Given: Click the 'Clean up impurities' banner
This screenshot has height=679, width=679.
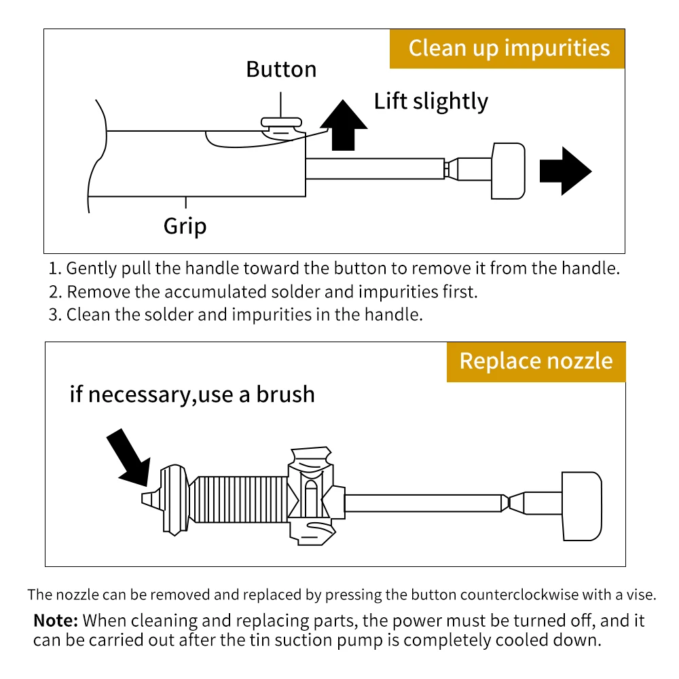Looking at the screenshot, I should tap(508, 48).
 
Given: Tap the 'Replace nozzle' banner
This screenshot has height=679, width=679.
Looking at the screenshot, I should tap(536, 361).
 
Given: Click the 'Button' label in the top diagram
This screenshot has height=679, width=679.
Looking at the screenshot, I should tap(281, 69).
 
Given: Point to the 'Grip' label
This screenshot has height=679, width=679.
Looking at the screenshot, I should tap(185, 225).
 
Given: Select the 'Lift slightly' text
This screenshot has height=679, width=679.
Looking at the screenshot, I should tap(430, 101).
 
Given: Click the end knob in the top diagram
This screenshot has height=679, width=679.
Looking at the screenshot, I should tap(507, 170).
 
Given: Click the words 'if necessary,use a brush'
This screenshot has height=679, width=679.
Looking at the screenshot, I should tap(192, 394).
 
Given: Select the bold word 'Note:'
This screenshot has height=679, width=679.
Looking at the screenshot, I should tap(56, 620).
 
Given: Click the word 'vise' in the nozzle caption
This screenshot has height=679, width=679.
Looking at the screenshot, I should tap(642, 595).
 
